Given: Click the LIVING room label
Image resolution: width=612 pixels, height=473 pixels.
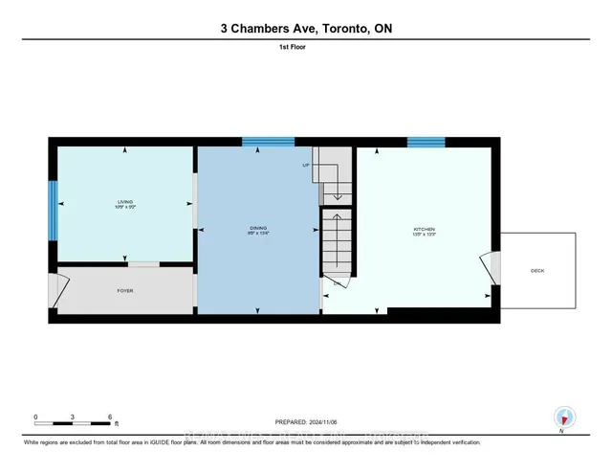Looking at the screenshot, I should (x=124, y=201).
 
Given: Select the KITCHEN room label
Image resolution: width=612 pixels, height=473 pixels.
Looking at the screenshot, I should (x=425, y=229).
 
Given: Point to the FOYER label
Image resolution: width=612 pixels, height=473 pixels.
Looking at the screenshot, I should (x=124, y=289).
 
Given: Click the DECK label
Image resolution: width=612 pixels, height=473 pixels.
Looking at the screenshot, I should (x=537, y=271).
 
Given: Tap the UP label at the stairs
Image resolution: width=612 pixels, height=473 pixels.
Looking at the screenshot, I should (x=306, y=166).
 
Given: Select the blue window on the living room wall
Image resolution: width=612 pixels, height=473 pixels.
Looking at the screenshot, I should (x=53, y=210).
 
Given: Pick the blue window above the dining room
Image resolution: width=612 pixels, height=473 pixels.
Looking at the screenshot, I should (x=267, y=143).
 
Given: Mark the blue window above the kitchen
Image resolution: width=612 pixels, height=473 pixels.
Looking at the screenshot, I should (x=426, y=143).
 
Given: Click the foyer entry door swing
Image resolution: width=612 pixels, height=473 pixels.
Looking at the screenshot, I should (x=60, y=291).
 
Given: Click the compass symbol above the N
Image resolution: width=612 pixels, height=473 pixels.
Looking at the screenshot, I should (x=564, y=417).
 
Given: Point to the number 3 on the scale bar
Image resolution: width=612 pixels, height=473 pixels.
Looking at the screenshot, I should (x=73, y=417).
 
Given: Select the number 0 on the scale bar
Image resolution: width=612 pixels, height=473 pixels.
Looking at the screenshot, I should (x=35, y=417).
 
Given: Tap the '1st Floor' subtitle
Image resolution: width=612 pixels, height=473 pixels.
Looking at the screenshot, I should (x=305, y=45).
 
